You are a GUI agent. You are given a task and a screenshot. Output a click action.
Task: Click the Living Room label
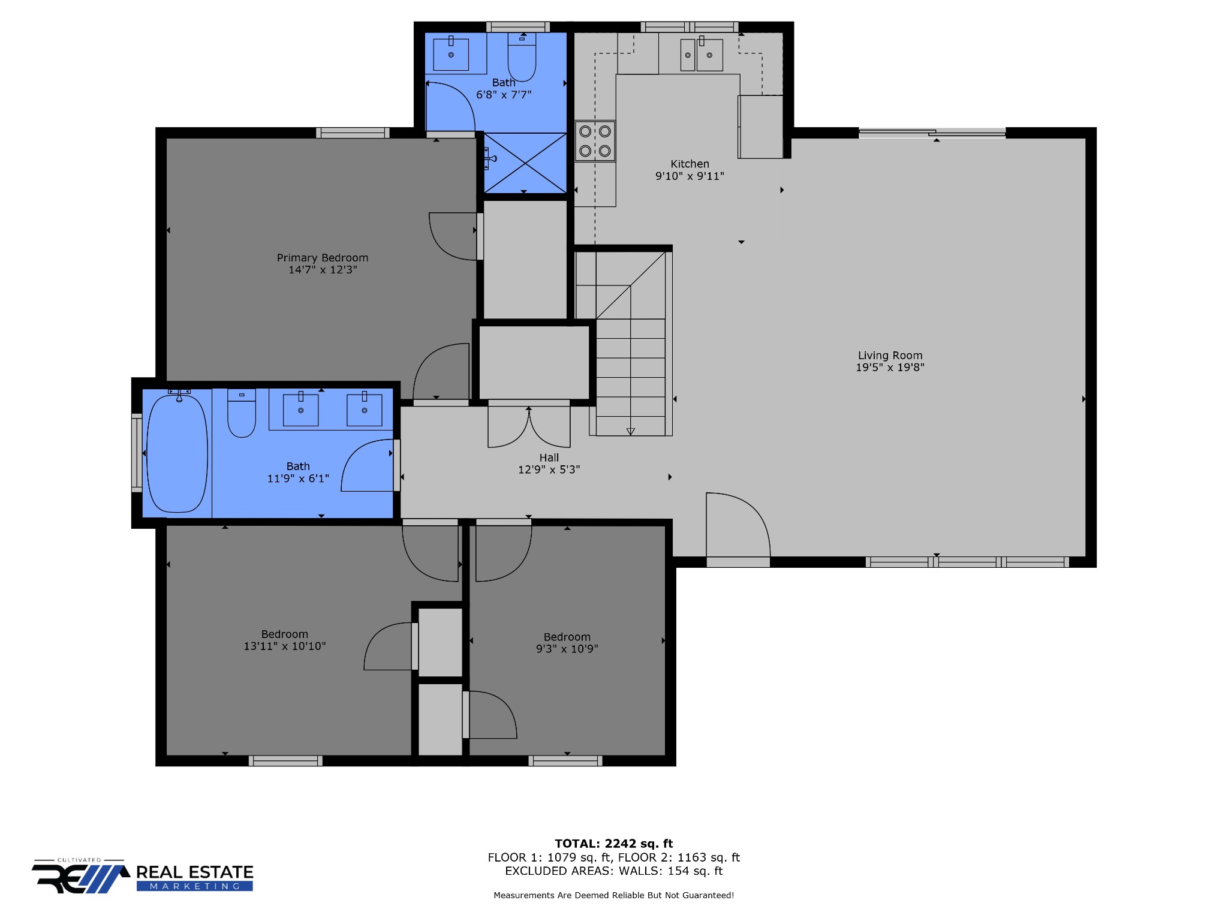(x=890, y=356)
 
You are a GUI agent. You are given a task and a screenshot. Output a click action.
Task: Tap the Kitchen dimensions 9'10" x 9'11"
(x=690, y=176)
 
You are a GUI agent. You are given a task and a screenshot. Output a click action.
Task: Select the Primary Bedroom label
(x=323, y=258)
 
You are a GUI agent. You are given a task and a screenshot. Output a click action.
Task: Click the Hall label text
(x=549, y=458)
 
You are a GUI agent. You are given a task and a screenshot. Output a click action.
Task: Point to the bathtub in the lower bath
(x=177, y=452)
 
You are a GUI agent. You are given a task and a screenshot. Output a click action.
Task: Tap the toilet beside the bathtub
(x=242, y=413)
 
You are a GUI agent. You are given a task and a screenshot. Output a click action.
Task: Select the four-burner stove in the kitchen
(x=595, y=141)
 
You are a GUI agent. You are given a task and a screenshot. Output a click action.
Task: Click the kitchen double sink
(x=702, y=55)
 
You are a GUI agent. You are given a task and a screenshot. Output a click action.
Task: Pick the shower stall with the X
(x=525, y=162)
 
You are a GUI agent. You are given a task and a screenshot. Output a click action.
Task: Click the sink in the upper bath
(x=451, y=54)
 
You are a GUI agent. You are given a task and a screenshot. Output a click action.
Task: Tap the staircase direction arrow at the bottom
(x=630, y=431)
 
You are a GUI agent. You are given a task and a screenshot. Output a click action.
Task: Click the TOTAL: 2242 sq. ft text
(x=613, y=844)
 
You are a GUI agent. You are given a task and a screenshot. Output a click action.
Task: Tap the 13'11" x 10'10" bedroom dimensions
(x=285, y=646)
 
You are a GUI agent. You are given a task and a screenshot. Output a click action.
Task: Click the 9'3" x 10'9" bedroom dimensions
(x=567, y=649)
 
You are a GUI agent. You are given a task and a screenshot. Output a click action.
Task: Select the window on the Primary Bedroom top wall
(x=353, y=133)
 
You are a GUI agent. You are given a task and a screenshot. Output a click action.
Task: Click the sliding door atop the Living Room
(x=932, y=133)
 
